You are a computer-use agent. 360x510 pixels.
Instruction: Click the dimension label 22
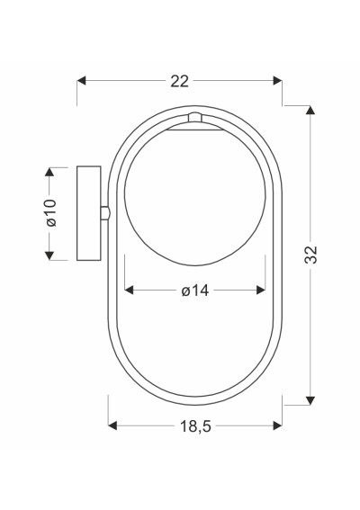point(179,81)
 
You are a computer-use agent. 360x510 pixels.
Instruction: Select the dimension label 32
point(310,255)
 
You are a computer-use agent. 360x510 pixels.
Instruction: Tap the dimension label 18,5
point(195,426)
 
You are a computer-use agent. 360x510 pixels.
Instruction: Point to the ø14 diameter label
point(195,291)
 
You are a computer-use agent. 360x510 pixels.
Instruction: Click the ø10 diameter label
point(51,212)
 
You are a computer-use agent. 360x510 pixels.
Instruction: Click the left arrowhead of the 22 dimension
point(81,81)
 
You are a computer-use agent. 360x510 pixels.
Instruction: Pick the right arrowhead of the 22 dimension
point(277,81)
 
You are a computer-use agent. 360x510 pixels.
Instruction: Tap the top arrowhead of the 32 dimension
point(310,110)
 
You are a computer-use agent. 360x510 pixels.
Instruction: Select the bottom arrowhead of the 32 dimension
point(310,401)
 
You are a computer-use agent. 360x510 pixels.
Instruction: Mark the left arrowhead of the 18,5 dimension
point(112,425)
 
